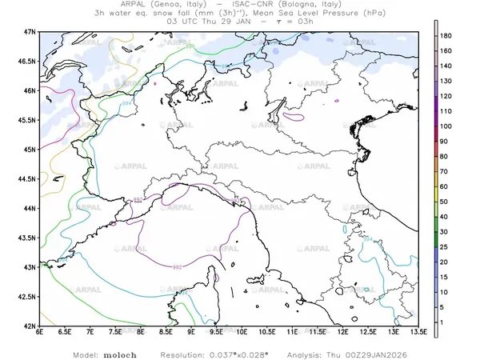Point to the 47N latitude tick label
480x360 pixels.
click(30, 31)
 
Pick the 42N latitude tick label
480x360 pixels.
click(30, 326)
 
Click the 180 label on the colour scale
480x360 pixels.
click(448, 37)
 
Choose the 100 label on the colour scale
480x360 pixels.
click(448, 126)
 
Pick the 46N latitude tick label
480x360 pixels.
click(30, 90)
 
